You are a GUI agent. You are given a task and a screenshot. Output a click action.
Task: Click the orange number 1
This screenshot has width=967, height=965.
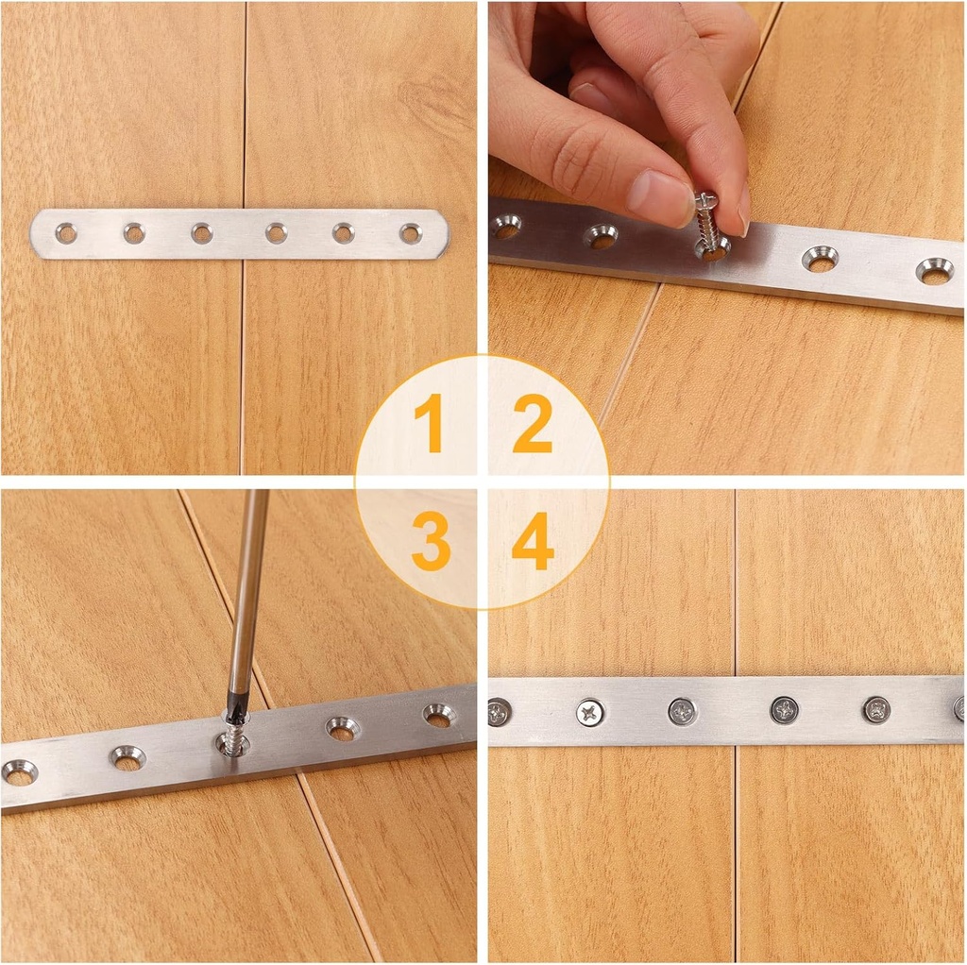pos(429,424)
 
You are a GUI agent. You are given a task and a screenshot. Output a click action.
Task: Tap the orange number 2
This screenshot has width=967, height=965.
pos(532,424)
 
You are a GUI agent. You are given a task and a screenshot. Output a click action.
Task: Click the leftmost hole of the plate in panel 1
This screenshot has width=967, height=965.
pos(66,232)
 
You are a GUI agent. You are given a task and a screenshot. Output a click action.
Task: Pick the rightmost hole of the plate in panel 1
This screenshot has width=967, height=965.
pos(410,233)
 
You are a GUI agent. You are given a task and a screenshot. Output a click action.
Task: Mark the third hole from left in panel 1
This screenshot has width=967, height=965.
pos(201,232)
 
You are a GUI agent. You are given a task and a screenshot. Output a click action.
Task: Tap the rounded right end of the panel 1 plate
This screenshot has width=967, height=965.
pos(440,234)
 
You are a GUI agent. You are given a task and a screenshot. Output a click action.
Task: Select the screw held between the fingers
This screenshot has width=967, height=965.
pos(706,220)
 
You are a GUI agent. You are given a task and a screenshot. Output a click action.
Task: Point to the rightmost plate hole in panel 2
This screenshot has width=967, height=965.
pos(934,271)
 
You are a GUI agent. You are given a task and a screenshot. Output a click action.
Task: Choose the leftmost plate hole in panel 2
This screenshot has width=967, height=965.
pos(505,226)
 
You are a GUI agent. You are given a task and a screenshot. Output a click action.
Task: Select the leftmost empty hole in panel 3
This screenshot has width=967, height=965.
pos(19,772)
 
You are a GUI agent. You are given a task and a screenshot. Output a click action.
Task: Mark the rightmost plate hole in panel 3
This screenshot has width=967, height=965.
pos(438,715)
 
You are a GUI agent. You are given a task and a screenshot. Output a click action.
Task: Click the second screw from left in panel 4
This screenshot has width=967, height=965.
pos(591,712)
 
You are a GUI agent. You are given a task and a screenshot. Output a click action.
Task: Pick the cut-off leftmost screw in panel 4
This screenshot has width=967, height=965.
pos(498,712)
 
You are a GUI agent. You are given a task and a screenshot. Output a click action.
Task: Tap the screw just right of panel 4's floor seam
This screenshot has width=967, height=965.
pos(784,710)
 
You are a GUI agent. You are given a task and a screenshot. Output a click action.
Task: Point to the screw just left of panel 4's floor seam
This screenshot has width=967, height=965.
pos(682,711)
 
